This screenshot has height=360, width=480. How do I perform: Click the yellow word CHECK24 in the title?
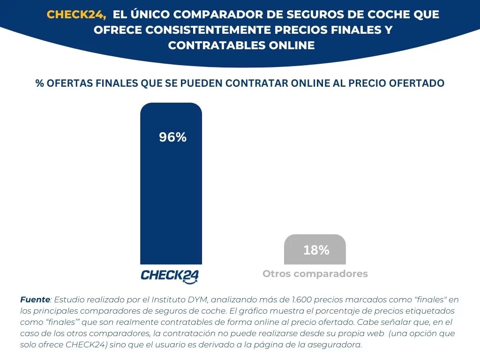[x=76, y=15]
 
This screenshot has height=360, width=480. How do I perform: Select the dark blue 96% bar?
[x=171, y=197]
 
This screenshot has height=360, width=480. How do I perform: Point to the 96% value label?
[x=172, y=137]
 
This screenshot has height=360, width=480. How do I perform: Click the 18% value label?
[x=316, y=250]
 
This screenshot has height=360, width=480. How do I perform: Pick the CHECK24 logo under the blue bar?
[x=170, y=276]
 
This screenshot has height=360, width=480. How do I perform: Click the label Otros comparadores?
[x=315, y=274]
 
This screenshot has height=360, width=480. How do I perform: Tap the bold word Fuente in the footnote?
[x=35, y=300]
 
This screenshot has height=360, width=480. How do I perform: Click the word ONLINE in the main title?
[x=291, y=45]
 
